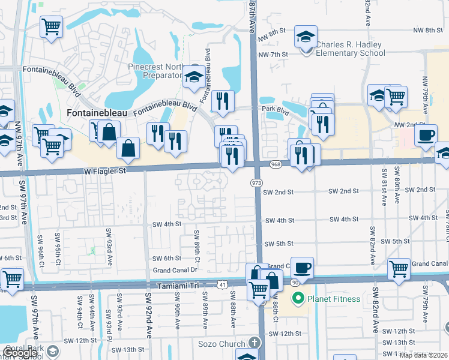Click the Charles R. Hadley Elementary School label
[x=351, y=49]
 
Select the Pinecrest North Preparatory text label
[x=154, y=71]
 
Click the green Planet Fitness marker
[x=297, y=298]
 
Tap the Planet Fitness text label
[x=333, y=299]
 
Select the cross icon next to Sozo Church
[x=255, y=343]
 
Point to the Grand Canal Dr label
[x=176, y=270]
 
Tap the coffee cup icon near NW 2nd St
[x=425, y=135]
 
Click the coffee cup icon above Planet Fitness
[x=303, y=267]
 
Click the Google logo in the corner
[x=20, y=353]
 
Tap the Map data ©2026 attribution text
[x=423, y=355]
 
